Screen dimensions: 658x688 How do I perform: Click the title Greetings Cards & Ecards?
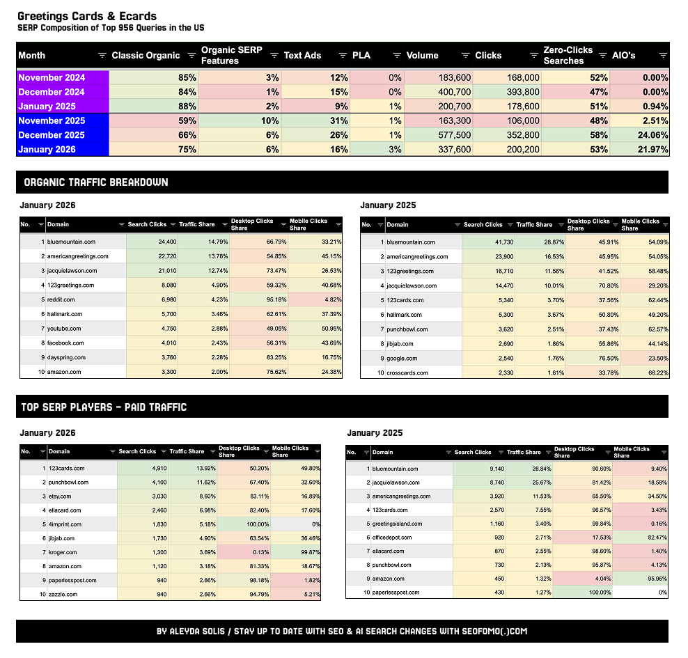coord(87,16)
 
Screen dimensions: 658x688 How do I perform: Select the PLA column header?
coord(362,56)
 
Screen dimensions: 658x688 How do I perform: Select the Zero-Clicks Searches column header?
coord(568,56)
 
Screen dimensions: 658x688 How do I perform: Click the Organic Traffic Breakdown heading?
coord(95,182)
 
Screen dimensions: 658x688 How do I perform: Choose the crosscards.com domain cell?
coord(409,373)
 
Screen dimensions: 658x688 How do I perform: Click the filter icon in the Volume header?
coord(465,56)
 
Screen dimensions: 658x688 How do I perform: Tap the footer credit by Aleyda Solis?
coord(342,632)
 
